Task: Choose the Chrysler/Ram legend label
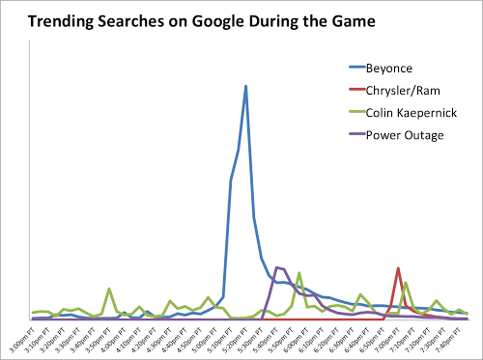tap(404, 93)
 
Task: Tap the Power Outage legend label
tap(405, 135)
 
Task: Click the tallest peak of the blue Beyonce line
tap(246, 86)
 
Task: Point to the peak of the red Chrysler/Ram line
tap(398, 268)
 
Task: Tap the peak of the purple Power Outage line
tap(277, 267)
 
